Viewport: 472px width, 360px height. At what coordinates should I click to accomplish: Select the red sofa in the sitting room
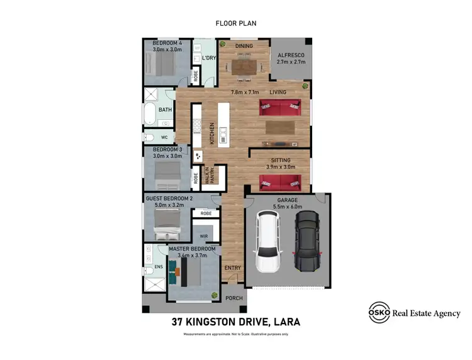280,183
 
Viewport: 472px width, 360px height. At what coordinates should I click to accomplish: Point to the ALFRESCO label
291,55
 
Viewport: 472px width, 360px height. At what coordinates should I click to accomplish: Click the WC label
164,137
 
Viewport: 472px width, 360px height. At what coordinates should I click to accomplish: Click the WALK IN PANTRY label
211,174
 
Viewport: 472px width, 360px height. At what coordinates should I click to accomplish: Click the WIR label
204,236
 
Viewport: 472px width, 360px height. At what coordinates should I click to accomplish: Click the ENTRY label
232,268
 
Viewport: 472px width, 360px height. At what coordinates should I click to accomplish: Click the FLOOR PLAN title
236,23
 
